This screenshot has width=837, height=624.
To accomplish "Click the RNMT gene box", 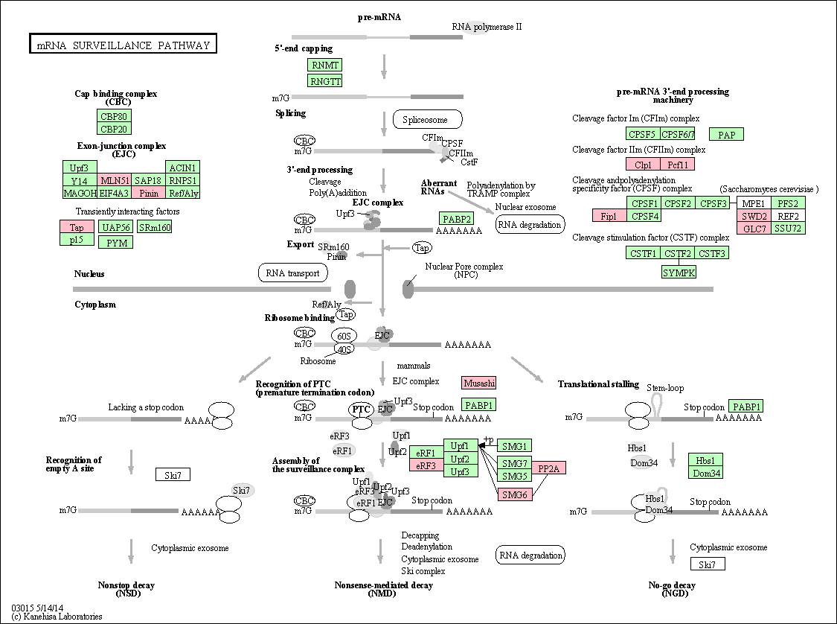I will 325,66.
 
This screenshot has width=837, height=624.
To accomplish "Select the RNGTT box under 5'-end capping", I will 325,80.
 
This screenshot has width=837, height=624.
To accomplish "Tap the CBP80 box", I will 114,116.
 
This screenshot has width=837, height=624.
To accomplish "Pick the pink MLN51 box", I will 115,180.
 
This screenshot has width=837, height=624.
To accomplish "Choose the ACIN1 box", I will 182,167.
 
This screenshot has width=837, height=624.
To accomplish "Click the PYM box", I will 115,242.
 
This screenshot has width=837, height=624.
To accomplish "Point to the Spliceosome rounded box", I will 427,119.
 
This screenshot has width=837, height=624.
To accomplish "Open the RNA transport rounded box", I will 293,273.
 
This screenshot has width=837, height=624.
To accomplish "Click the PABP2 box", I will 456,218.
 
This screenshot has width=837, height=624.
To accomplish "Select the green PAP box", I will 727,135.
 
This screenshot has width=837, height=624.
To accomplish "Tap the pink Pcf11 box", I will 677,165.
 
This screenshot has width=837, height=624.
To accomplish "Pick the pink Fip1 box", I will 609,216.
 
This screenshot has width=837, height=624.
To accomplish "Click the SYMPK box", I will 679,273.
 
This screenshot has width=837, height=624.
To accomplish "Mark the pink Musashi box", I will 478,383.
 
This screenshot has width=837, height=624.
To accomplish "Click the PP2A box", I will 549,468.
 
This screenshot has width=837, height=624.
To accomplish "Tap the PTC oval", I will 361,410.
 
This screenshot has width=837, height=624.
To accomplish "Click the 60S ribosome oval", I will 344,336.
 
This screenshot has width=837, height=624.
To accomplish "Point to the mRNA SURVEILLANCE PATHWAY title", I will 123,45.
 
